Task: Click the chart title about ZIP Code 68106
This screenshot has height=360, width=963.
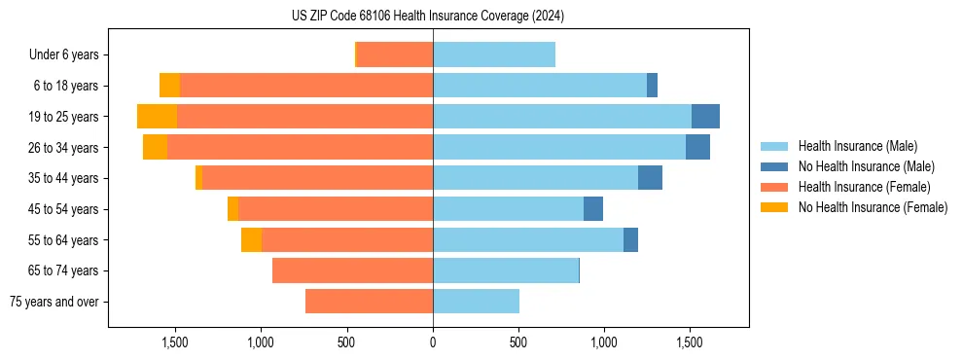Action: tap(428, 17)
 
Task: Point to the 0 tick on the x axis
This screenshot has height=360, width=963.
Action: tap(433, 342)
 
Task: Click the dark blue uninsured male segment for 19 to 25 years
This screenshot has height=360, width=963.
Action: tap(705, 117)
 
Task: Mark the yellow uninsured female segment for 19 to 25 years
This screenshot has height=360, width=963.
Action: tap(157, 117)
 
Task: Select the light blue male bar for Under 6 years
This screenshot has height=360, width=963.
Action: tap(494, 55)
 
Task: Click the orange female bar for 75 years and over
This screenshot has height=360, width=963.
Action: tap(369, 302)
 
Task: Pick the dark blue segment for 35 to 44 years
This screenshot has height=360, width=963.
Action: tap(650, 178)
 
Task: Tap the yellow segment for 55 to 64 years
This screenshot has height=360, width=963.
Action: tap(251, 240)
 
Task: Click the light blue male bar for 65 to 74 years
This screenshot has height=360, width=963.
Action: tap(506, 270)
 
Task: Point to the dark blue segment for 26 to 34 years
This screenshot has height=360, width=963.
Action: tap(697, 148)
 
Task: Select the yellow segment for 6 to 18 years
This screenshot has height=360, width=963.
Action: tap(169, 86)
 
